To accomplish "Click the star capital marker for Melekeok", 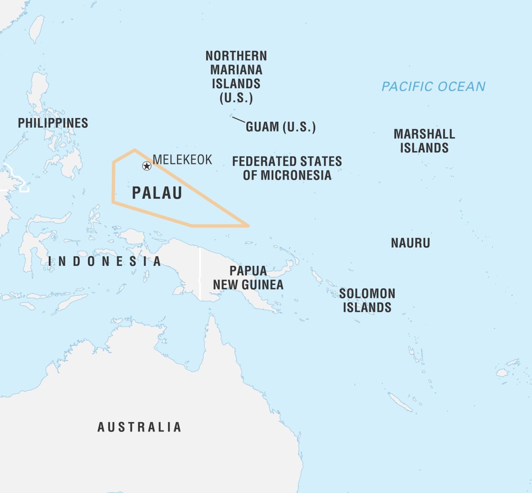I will coord(147,166).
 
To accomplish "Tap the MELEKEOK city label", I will coord(182,160).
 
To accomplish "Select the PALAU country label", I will coord(157,193).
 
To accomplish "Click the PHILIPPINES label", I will coord(53,123).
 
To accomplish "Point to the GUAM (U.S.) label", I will coord(281,127).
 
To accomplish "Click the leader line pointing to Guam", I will coord(238,119).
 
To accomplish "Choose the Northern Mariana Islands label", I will coord(236,77).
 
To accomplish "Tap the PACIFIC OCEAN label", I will coord(433,86).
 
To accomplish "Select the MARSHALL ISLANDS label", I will coord(424,141).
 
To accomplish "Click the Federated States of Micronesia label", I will coord(287,168).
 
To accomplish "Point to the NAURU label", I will coord(410,243).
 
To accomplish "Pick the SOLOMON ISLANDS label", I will coord(367,301).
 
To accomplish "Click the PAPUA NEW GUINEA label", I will coord(248,278).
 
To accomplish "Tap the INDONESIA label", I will coord(105,261).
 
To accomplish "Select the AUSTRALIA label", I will coord(139,427).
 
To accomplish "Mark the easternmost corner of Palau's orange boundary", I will coord(248,226).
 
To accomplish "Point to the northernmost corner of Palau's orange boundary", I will coord(135,150).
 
